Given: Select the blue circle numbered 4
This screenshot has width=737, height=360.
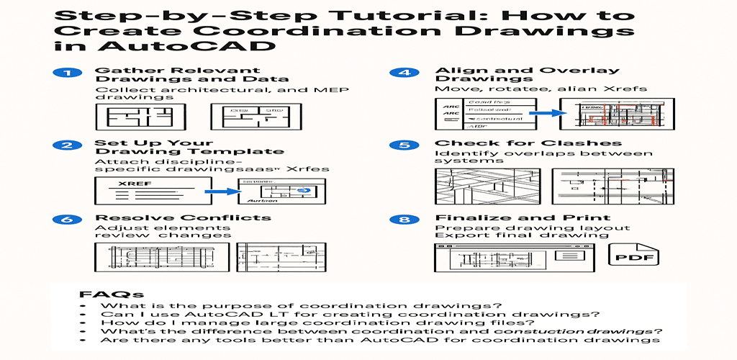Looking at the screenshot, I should click(x=399, y=73).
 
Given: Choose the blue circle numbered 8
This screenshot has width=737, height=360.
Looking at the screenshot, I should click(x=399, y=218).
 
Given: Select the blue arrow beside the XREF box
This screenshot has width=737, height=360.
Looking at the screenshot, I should click(x=219, y=192).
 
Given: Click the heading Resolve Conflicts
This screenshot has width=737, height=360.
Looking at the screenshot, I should click(x=183, y=217).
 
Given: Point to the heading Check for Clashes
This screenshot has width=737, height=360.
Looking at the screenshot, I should click(x=528, y=143).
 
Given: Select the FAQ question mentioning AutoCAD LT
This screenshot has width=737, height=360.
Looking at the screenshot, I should click(x=351, y=313).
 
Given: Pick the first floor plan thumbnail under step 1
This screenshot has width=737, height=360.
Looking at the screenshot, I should click(x=140, y=117).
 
